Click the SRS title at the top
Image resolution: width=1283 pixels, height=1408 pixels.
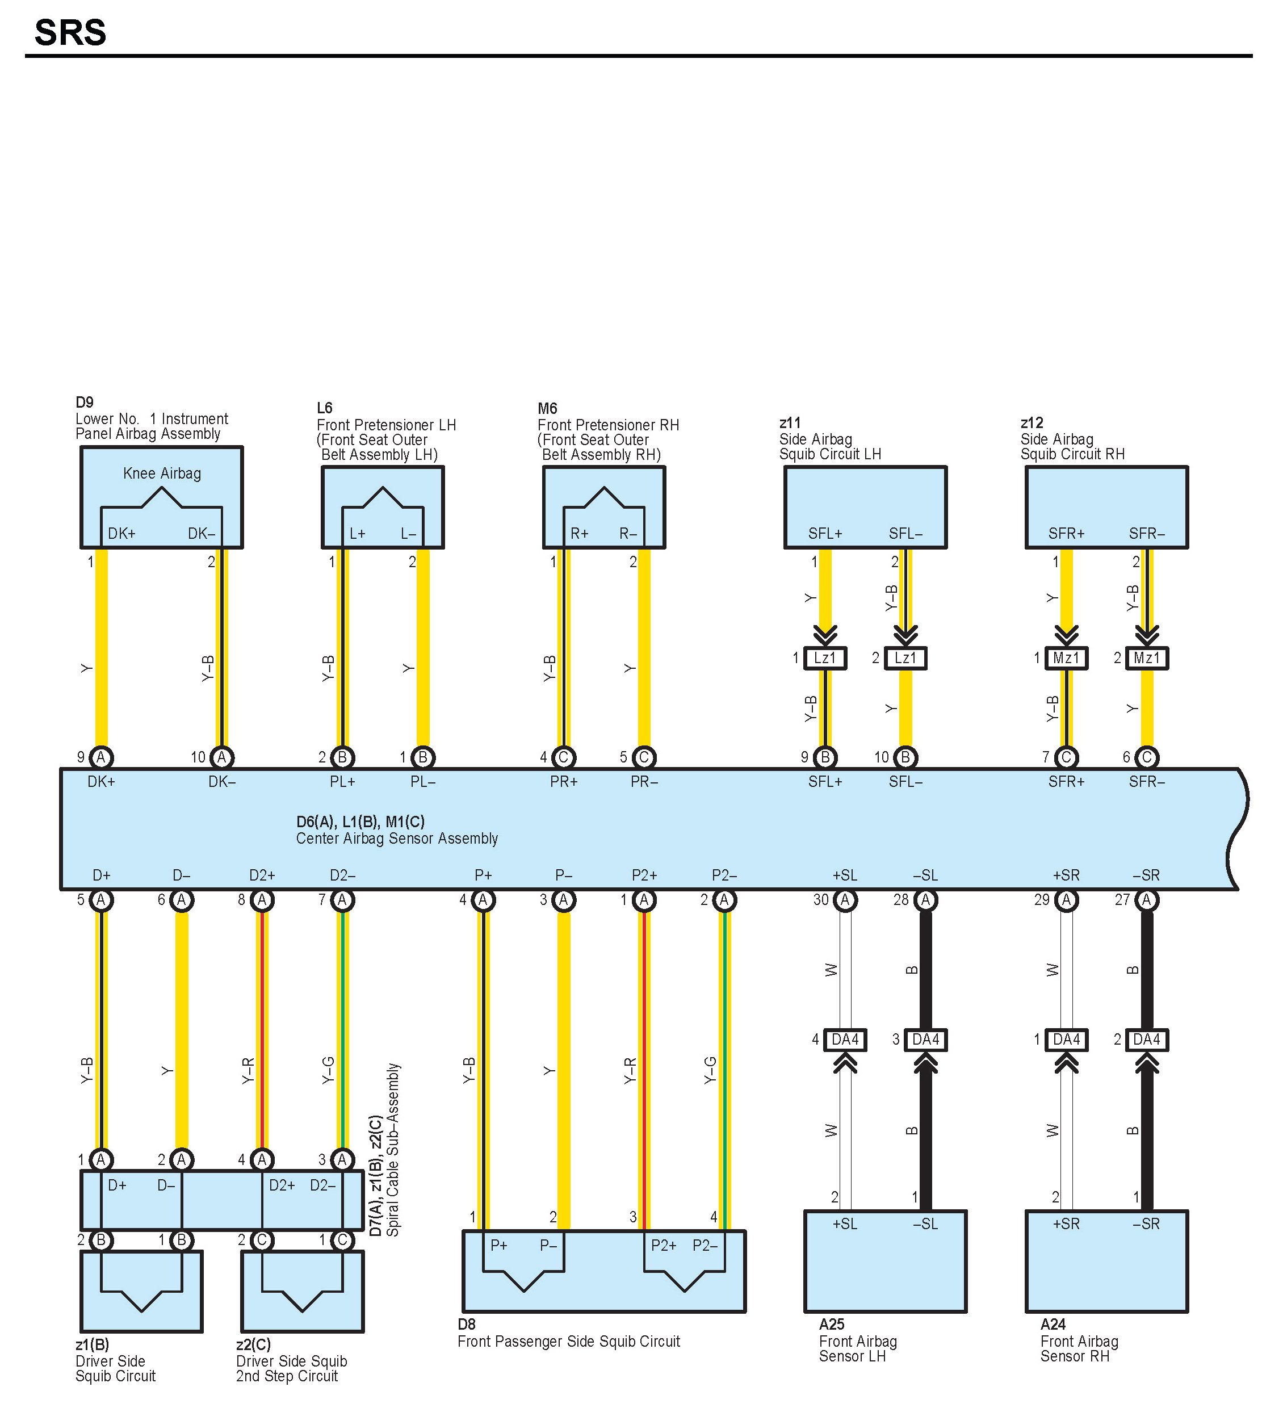[70, 33]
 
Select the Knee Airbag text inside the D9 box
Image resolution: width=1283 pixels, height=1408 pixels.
[162, 473]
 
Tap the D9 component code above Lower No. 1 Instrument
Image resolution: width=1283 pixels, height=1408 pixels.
[85, 403]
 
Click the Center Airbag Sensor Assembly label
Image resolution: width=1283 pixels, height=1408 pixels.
[397, 839]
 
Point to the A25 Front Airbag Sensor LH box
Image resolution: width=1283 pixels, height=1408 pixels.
[885, 1260]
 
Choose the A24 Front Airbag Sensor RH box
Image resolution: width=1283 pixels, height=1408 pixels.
[1106, 1260]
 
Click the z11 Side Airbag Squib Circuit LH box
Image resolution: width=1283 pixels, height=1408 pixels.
[865, 507]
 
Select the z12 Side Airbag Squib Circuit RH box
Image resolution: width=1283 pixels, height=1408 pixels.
[1106, 507]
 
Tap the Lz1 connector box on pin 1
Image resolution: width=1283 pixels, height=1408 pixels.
[825, 658]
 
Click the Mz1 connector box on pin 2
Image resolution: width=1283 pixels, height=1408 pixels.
[1147, 658]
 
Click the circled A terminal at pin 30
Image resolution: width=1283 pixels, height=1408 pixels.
[845, 900]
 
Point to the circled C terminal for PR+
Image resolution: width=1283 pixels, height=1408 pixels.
[564, 757]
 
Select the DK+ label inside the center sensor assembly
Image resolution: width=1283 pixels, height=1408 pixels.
[101, 782]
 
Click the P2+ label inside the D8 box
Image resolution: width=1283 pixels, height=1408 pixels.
[664, 1245]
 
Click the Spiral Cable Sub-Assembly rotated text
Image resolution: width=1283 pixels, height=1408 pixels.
[393, 1150]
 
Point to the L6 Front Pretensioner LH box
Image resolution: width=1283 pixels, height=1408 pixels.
[383, 507]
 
